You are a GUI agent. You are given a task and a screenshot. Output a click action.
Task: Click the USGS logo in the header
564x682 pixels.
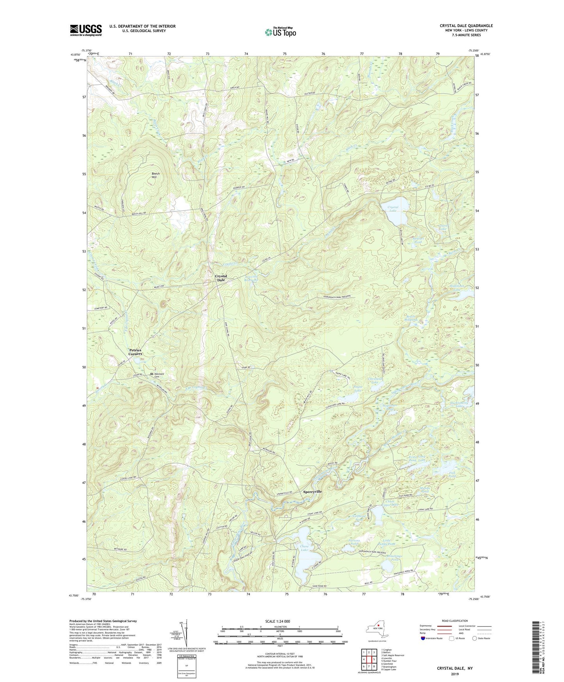click(86, 30)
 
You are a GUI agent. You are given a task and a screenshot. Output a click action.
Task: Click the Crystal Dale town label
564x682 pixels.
click(221, 278)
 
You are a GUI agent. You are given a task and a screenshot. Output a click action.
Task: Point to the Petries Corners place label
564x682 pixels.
click(136, 352)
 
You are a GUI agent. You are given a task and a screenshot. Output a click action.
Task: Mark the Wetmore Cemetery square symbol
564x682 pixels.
click(152, 374)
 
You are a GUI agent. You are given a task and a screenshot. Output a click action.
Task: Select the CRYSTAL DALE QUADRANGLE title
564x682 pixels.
click(466, 26)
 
